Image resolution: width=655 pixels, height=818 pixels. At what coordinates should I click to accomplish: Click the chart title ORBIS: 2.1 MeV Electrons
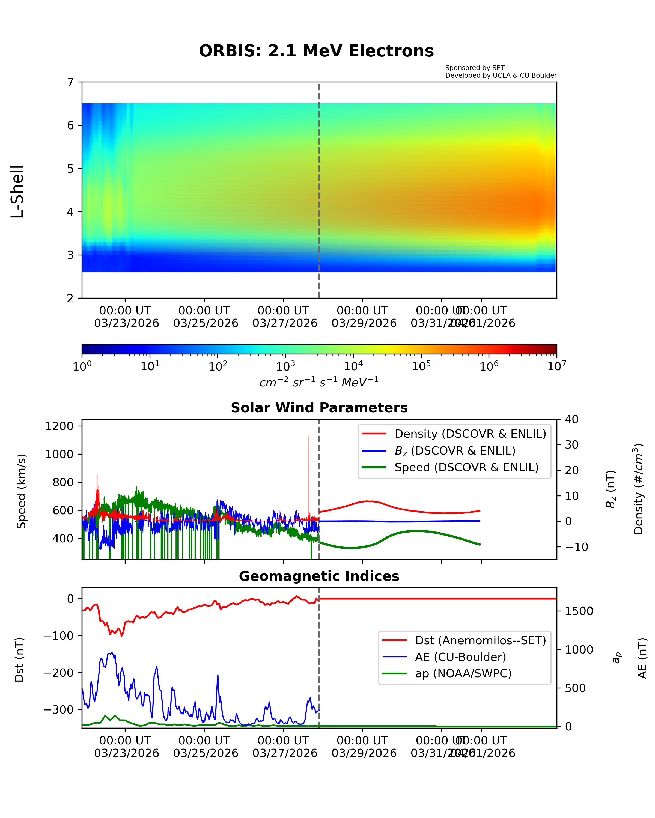pyautogui.click(x=316, y=51)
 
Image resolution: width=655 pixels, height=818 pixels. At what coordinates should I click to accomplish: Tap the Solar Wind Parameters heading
pyautogui.click(x=319, y=407)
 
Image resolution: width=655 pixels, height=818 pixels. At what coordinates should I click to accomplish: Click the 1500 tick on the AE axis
pyautogui.click(x=579, y=611)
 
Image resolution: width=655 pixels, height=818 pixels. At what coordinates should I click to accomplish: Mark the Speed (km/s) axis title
pyautogui.click(x=21, y=491)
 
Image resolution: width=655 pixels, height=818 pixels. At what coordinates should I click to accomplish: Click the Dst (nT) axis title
pyautogui.click(x=19, y=660)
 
